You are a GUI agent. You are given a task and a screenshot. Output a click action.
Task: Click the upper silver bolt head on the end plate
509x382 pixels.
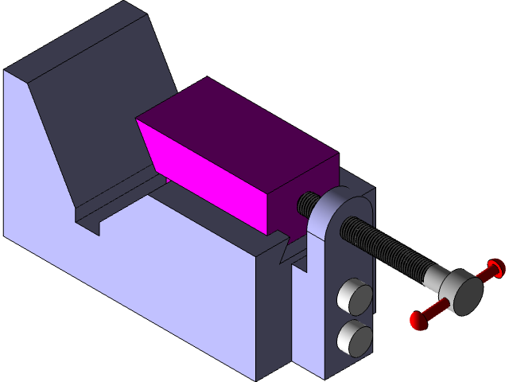click(x=355, y=298)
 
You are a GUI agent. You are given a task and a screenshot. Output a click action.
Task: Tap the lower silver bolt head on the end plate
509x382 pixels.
click(x=355, y=337)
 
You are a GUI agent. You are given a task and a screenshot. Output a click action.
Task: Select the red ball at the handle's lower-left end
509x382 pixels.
click(x=419, y=320)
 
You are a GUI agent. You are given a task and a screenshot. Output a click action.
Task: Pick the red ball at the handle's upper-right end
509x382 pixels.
click(x=495, y=267)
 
